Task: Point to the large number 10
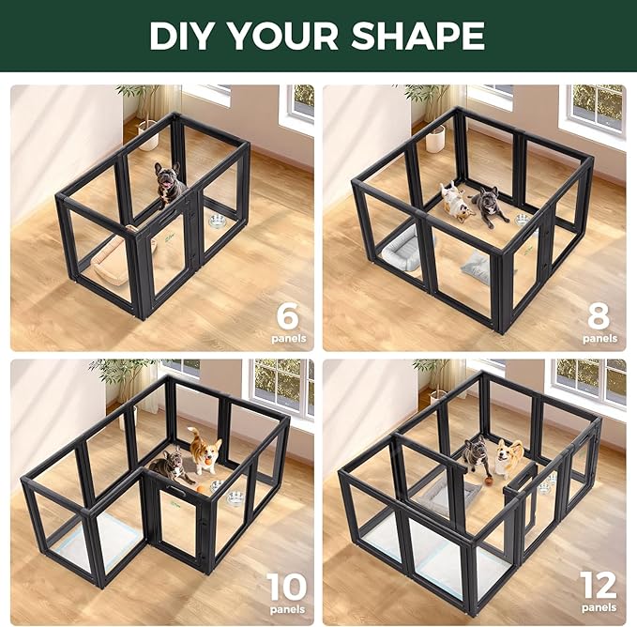point(286,588)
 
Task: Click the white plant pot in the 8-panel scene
point(435,138)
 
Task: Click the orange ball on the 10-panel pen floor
point(203,490)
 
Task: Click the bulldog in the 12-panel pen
point(476,455)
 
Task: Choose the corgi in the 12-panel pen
point(508,458)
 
